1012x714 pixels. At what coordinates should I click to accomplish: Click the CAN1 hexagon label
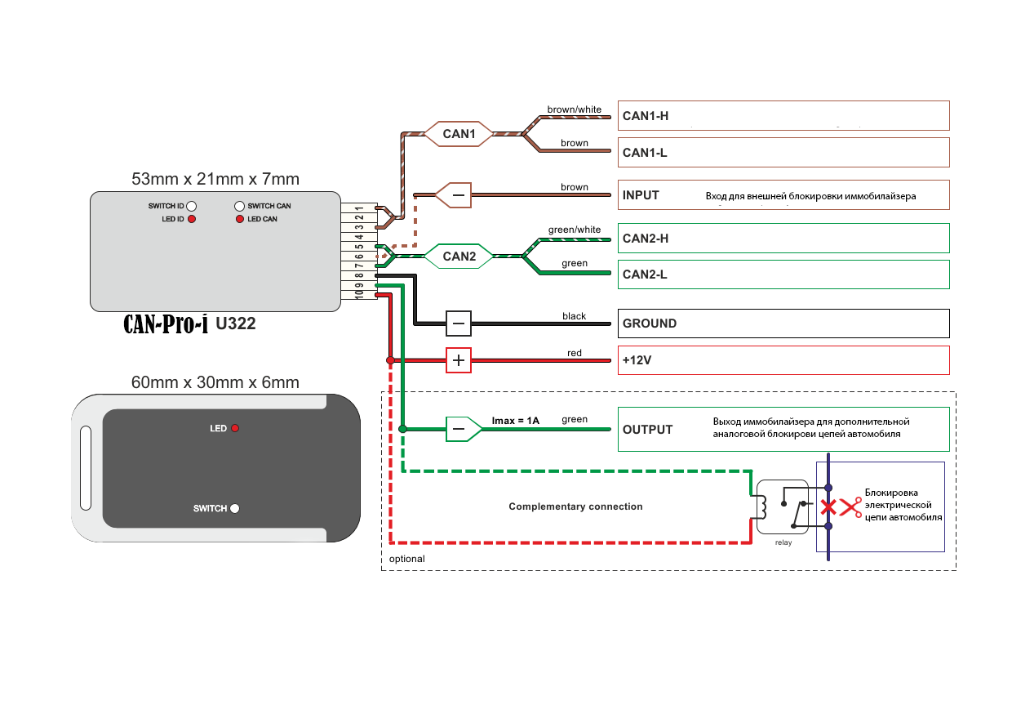459,133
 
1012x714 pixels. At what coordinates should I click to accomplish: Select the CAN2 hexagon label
459,257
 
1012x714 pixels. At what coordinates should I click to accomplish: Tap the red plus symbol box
458,360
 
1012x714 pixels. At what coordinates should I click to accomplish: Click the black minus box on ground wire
458,324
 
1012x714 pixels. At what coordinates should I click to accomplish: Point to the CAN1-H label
646,116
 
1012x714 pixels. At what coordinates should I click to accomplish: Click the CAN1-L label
645,153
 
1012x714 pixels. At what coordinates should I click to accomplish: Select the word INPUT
641,195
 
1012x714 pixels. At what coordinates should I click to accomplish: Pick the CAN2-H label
646,239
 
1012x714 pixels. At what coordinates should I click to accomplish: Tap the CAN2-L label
645,274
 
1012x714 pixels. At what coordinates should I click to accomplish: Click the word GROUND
650,324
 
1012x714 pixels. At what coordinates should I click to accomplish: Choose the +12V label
638,360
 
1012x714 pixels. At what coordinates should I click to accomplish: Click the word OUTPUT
647,430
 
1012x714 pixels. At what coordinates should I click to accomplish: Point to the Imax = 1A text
515,421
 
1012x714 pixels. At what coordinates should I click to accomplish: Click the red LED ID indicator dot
192,219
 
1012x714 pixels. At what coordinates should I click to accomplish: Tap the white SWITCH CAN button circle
239,206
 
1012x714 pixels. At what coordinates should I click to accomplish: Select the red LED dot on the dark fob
235,428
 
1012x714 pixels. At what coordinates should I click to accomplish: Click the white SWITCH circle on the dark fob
235,508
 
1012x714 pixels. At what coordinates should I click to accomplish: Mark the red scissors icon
851,508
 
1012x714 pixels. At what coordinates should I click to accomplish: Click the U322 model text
236,324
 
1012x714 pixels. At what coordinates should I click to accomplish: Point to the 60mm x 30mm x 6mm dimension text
215,382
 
